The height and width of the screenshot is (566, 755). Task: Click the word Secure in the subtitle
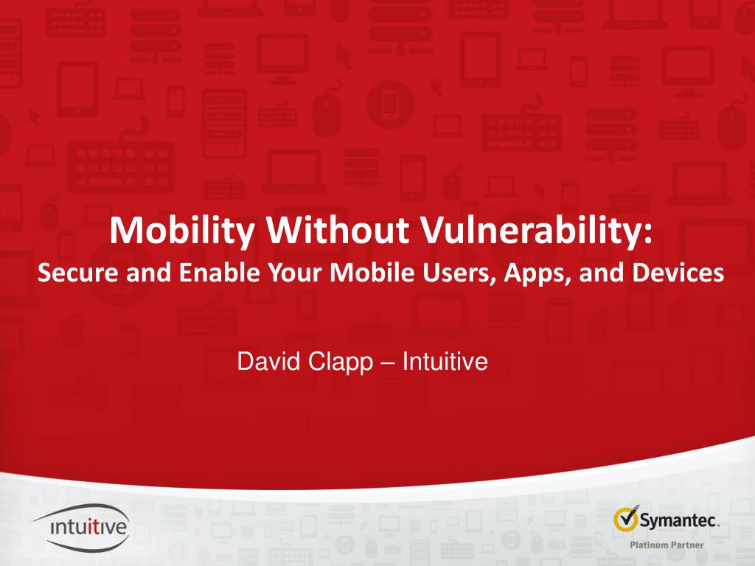78,273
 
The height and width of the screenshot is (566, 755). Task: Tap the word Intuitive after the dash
445,361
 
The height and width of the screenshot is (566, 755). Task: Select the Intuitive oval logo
82,527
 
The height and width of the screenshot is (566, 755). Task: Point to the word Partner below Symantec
686,545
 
